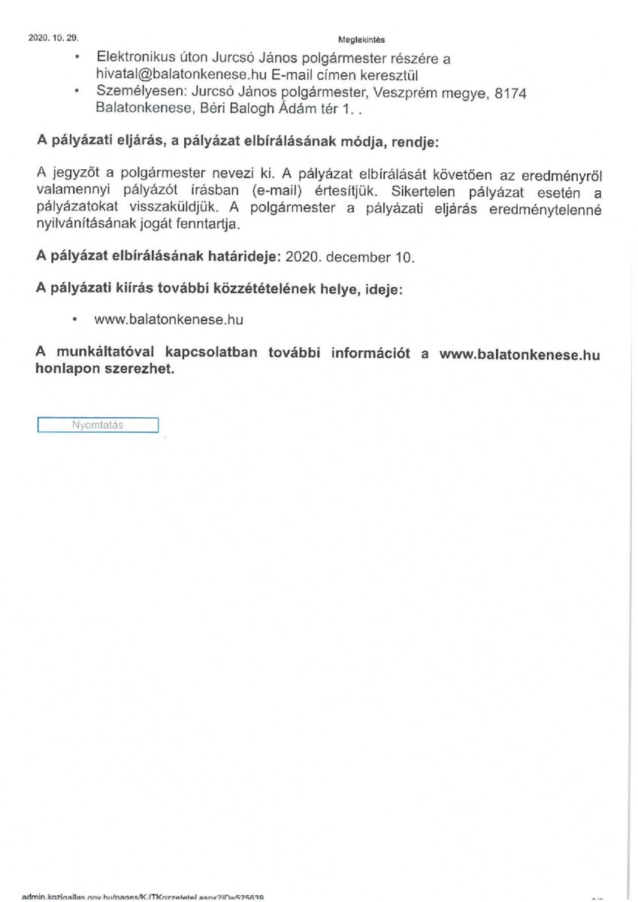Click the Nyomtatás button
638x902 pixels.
98,425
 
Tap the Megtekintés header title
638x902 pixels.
361,40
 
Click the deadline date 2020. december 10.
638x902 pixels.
351,257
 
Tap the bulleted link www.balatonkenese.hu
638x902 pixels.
169,319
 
